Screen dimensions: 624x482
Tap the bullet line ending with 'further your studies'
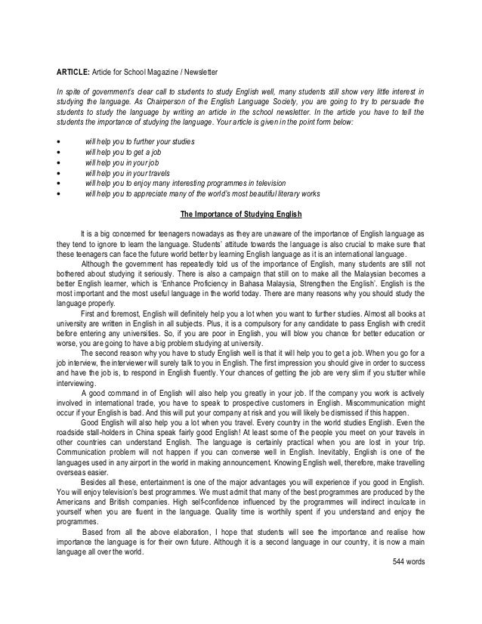(x=140, y=142)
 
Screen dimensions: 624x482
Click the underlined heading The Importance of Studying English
(x=240, y=211)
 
